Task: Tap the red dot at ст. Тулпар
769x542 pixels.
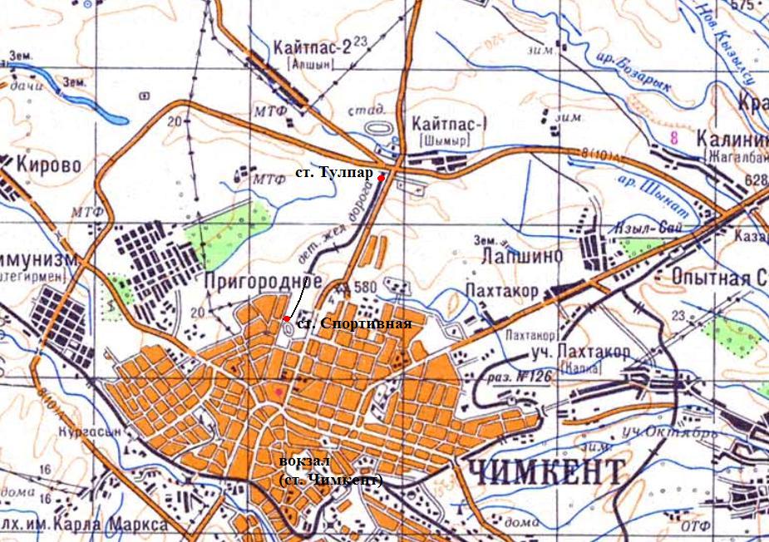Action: click(x=381, y=178)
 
